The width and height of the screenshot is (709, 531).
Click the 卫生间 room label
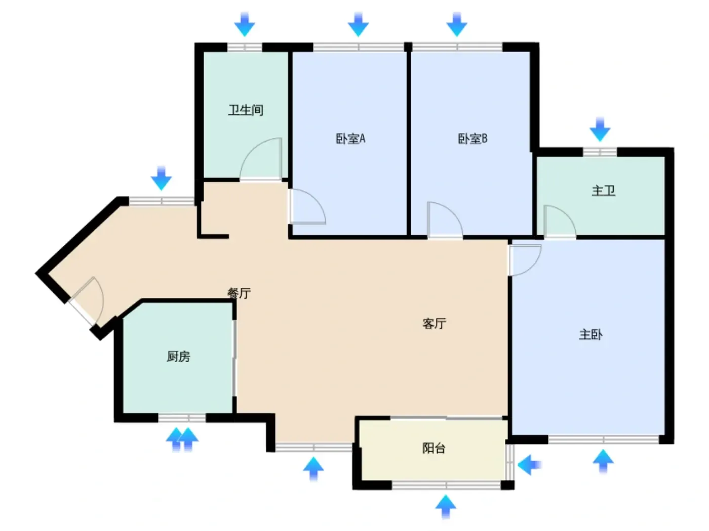tap(246, 110)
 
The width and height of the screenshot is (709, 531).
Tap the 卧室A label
tap(350, 139)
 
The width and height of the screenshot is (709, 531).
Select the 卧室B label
tap(472, 139)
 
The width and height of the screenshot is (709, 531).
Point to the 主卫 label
tap(603, 191)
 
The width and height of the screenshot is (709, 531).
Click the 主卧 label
tap(591, 335)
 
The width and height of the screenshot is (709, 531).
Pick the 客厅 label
tap(435, 323)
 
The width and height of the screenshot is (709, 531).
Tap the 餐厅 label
tap(239, 293)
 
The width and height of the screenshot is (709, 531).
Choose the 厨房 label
tap(178, 356)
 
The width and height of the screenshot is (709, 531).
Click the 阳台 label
tap(434, 448)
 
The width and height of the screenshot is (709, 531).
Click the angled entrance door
tap(87, 300)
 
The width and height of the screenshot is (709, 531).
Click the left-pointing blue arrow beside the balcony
tap(529, 465)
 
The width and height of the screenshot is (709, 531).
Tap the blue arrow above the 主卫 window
tap(600, 129)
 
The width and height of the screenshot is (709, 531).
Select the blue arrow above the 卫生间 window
tap(245, 24)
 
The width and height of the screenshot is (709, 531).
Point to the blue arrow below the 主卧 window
tap(603, 462)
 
